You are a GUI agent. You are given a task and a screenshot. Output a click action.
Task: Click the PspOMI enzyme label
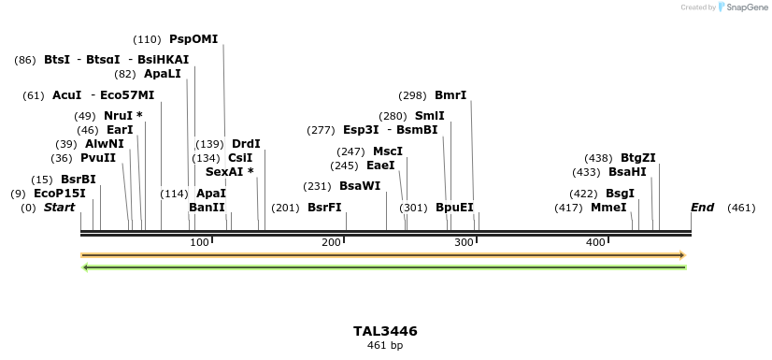pos(193,39)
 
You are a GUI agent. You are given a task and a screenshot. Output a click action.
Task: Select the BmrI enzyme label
pos(450,95)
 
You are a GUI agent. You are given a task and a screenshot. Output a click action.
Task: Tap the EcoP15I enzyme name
pos(60,194)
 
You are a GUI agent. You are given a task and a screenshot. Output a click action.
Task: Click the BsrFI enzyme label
pos(324,208)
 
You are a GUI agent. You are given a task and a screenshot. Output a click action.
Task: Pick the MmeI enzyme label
pos(608,208)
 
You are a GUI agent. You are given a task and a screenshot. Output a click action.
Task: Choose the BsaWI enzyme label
pos(360,186)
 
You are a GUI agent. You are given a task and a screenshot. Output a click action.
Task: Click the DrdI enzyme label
pos(246,144)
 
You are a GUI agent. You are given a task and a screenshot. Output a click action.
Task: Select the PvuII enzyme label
pos(98,158)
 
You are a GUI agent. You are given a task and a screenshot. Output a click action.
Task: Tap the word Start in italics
pos(59,208)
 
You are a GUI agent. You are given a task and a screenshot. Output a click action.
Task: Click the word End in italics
pos(703,208)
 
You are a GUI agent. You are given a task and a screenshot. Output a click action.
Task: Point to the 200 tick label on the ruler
pos(332,243)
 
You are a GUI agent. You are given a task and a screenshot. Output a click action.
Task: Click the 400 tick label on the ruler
pos(595,243)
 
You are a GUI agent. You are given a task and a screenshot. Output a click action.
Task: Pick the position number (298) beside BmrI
pos(412,95)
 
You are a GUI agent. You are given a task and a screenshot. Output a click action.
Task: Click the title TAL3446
pos(385,331)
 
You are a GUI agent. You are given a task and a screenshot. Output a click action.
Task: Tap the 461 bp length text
pos(385,345)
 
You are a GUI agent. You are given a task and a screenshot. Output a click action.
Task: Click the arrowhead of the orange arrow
pos(682,254)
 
